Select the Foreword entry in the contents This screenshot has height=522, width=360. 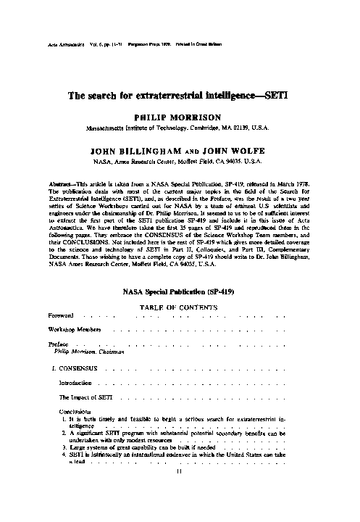(61, 316)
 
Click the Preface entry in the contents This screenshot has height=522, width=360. (58, 344)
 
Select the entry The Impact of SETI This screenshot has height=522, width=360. (85, 397)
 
